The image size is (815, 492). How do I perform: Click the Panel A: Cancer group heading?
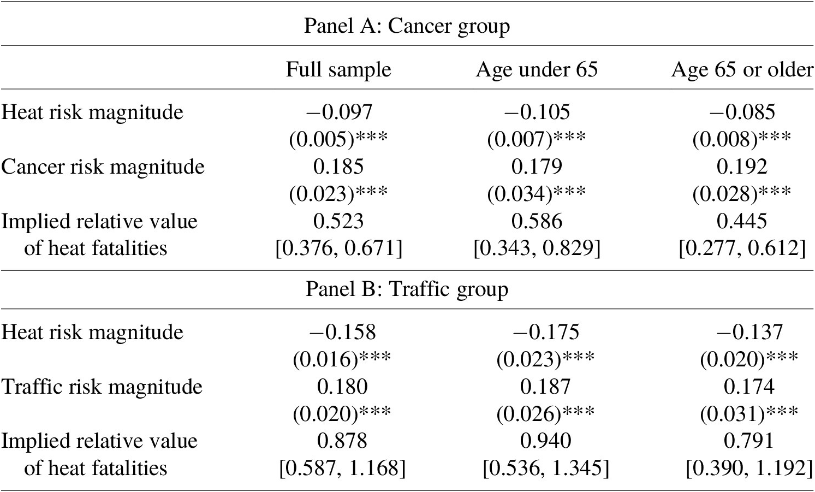click(407, 27)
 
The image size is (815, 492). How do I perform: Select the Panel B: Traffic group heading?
click(407, 290)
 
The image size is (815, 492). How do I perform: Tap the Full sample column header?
click(338, 69)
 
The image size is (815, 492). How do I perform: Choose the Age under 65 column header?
click(537, 69)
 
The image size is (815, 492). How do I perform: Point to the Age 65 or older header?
click(742, 69)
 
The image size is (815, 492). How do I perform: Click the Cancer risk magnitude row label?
click(103, 167)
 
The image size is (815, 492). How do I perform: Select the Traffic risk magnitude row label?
click(102, 387)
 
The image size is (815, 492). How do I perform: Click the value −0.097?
click(339, 112)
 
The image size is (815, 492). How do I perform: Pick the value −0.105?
click(537, 112)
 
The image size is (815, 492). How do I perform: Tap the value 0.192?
click(742, 167)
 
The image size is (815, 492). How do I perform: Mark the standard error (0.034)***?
click(537, 194)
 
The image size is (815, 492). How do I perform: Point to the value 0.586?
click(537, 222)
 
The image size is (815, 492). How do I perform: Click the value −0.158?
click(342, 332)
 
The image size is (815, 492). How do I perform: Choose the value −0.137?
click(749, 332)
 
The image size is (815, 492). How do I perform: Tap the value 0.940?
click(545, 441)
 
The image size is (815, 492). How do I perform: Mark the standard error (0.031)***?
click(749, 413)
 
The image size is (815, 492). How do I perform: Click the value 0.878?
click(342, 441)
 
